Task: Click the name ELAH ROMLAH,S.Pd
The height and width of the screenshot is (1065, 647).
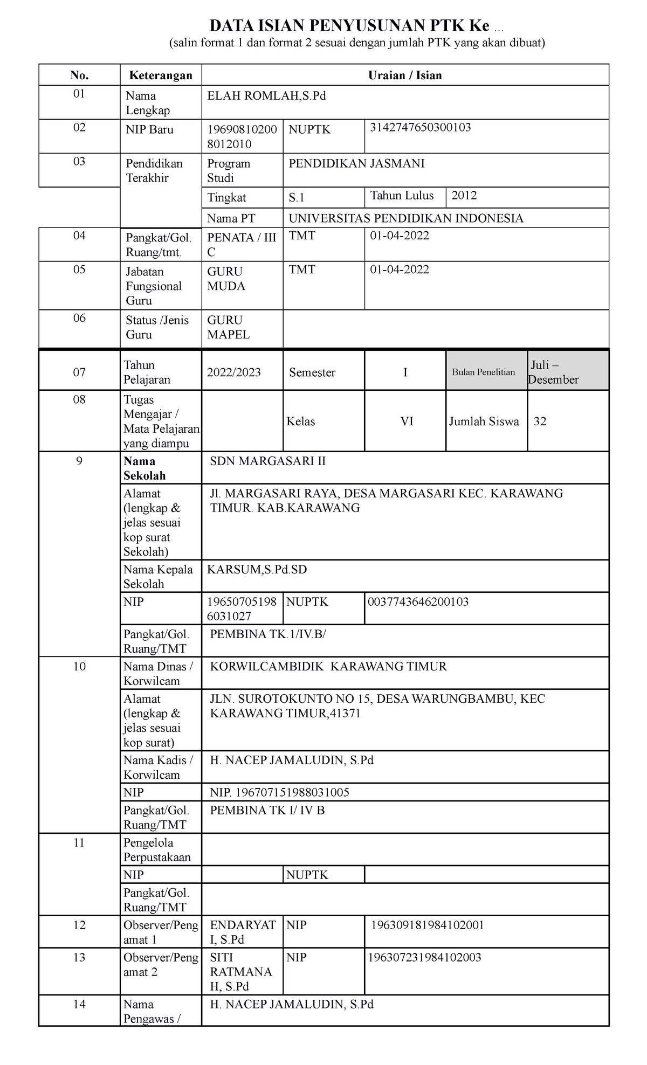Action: (266, 96)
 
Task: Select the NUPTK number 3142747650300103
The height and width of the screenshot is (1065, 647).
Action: (420, 128)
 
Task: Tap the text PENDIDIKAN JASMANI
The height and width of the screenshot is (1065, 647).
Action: (356, 163)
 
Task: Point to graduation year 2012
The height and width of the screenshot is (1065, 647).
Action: (464, 196)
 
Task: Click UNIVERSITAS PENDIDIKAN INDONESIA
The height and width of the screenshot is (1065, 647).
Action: (405, 218)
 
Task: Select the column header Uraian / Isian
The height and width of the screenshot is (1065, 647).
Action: (405, 75)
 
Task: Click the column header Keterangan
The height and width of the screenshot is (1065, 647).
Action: (160, 75)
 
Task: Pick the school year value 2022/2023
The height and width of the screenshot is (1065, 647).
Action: (234, 372)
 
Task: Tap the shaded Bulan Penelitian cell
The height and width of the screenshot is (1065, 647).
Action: (483, 372)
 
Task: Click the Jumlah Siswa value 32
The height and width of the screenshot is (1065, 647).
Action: (540, 421)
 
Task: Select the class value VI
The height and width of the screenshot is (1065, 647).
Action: (407, 421)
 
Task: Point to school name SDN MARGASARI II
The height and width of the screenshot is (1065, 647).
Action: (268, 461)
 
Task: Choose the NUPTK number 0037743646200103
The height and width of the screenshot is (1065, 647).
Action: (418, 602)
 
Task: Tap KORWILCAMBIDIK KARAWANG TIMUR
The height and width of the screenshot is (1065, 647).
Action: (328, 667)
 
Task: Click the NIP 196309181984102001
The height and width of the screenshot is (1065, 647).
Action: (427, 925)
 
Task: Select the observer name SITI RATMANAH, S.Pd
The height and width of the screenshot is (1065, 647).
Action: (240, 972)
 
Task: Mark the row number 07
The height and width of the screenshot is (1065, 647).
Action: (79, 372)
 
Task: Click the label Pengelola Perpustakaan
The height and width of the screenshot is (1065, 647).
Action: (157, 850)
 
